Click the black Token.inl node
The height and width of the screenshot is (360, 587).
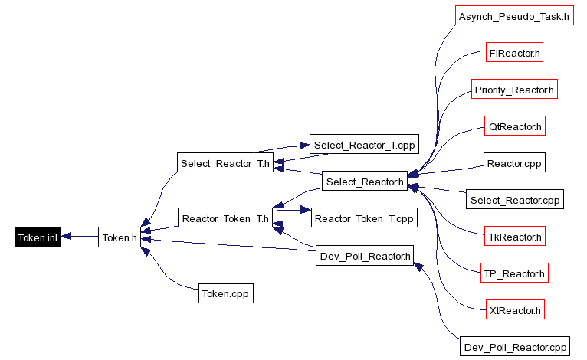[x=38, y=237]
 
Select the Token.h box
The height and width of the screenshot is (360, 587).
[x=120, y=237]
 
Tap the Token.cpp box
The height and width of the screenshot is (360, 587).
[x=225, y=293]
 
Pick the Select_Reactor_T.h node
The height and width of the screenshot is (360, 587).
[x=225, y=163]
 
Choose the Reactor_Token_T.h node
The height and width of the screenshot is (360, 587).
[x=225, y=219]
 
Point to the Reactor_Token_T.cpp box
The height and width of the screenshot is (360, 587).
[x=365, y=219]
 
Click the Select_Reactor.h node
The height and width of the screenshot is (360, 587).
[x=364, y=182]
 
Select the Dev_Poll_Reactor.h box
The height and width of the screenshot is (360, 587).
[x=365, y=256]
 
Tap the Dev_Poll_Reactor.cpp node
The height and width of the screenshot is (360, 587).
[x=515, y=347]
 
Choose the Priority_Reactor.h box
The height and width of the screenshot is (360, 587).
[x=514, y=90]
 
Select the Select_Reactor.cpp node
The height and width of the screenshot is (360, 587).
[x=515, y=201]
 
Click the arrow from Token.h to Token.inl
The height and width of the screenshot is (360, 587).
[x=80, y=237]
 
